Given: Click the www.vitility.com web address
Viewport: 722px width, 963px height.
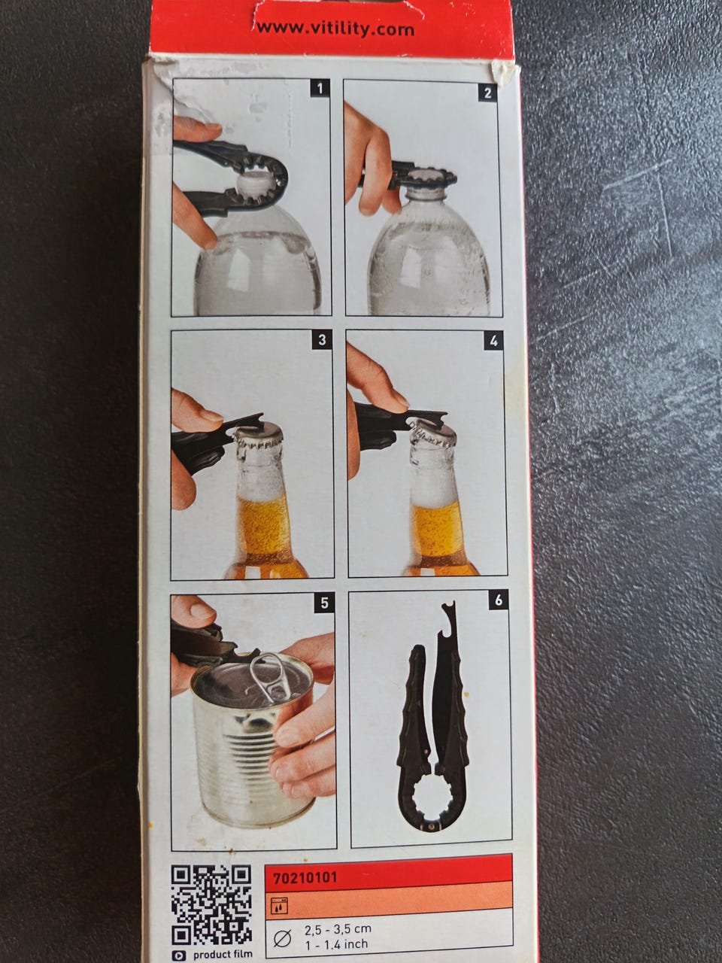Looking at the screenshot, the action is tap(335, 29).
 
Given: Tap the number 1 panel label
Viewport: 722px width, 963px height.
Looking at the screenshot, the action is tap(320, 89).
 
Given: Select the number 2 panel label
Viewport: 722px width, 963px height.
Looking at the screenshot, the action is tap(488, 93).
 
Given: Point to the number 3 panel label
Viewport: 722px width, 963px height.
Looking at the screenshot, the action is tap(322, 341).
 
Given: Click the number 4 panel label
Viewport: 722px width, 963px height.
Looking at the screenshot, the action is tap(494, 342).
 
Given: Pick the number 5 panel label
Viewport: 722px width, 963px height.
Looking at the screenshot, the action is tap(324, 603).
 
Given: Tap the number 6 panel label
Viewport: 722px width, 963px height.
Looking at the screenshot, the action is tap(499, 600).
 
